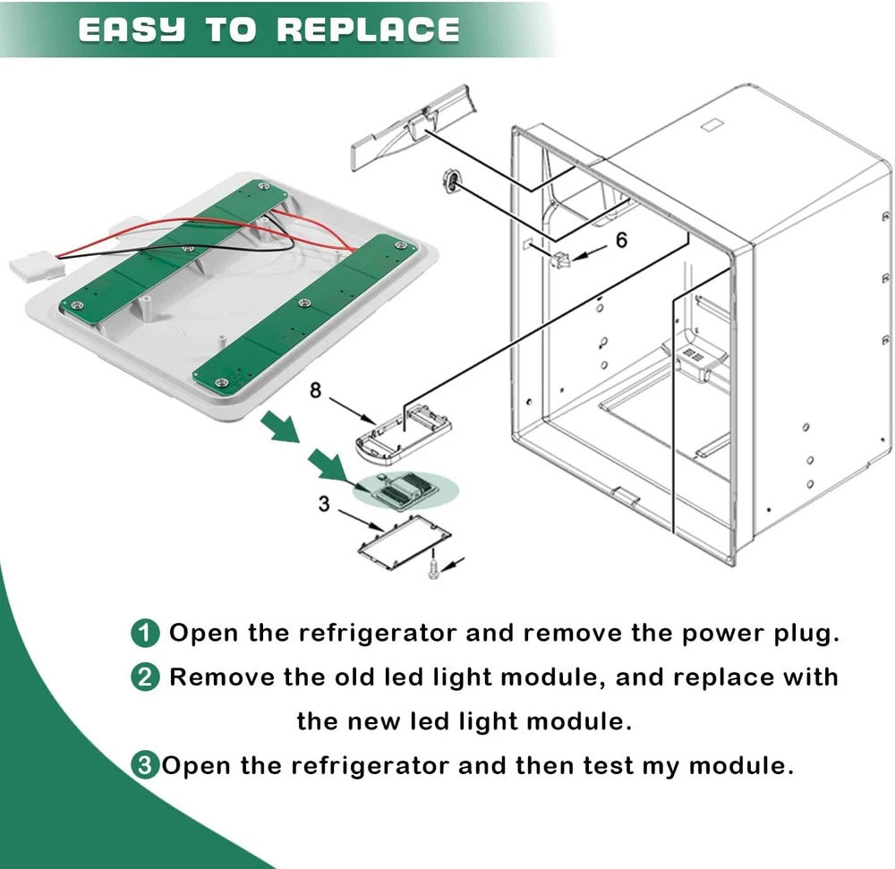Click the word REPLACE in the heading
tap(368, 30)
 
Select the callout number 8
tap(315, 389)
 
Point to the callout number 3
tap(325, 504)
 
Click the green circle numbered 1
tap(145, 635)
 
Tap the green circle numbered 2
tap(145, 677)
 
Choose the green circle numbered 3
tap(143, 766)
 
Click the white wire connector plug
tap(34, 266)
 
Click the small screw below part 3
tap(433, 567)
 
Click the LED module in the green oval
tap(404, 489)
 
